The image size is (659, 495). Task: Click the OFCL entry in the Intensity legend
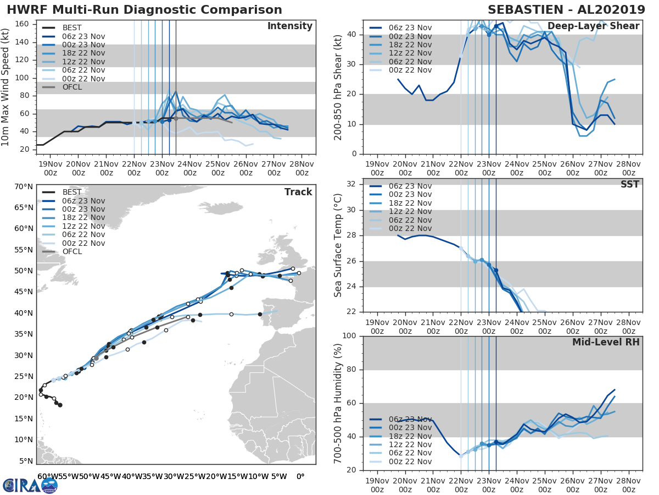coord(72,87)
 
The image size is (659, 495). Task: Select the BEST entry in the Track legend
coord(72,193)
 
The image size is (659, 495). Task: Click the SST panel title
coord(630,184)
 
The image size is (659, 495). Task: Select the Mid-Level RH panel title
coord(606,343)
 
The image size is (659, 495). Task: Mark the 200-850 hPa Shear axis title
coord(339,87)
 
